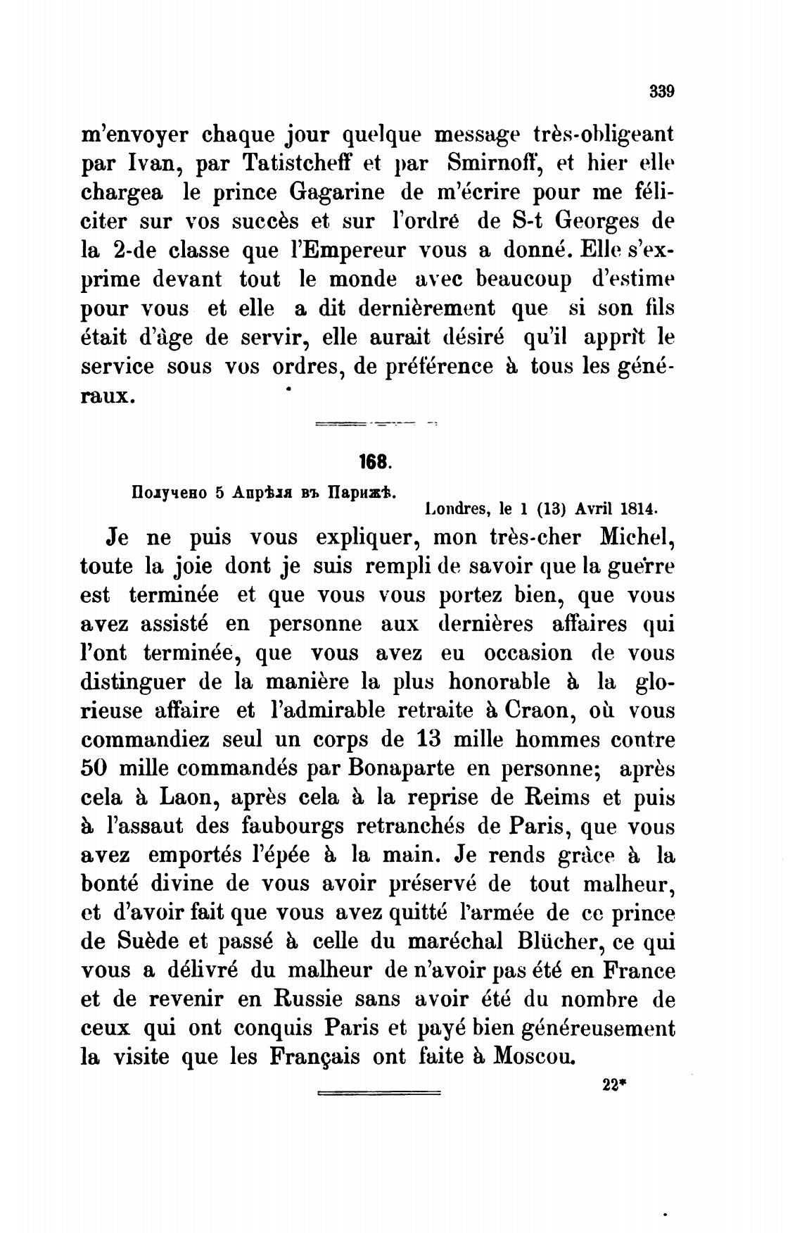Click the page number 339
[661, 91]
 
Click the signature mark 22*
[614, 1085]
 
